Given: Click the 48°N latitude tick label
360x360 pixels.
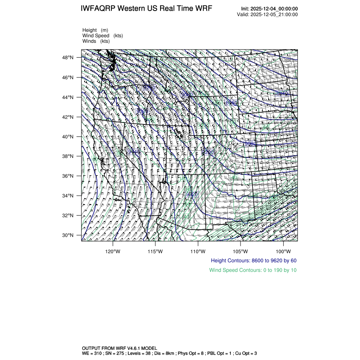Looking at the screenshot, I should (69, 58).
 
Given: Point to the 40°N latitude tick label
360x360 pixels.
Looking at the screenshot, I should (69, 137).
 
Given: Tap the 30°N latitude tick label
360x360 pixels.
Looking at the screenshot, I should (69, 235).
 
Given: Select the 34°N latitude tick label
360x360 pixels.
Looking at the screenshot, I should (69, 196).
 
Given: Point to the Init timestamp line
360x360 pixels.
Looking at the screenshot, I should (269, 9).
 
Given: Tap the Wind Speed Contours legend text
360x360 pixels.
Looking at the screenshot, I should (253, 270).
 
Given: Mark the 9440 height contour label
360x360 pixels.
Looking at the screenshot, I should (133, 151).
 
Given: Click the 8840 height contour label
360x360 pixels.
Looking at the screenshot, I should (281, 93).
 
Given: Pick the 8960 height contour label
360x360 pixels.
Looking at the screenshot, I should (231, 102).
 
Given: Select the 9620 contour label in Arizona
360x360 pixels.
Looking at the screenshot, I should (192, 194).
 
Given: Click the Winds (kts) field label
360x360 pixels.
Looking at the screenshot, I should (96, 41).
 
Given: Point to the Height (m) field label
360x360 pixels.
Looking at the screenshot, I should (95, 30).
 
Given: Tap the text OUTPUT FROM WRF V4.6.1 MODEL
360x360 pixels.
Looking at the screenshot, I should (119, 348).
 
